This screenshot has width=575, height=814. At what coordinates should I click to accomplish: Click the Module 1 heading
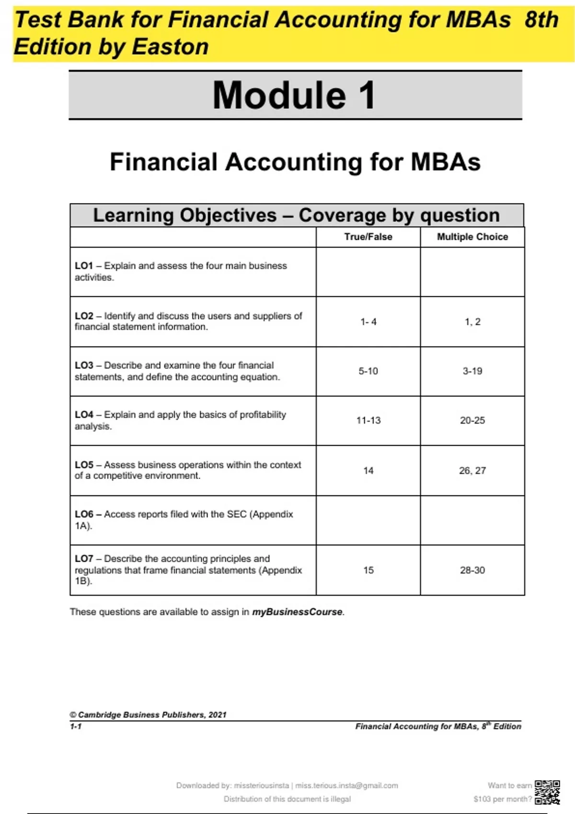point(294,95)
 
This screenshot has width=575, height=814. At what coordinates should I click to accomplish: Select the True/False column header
point(368,237)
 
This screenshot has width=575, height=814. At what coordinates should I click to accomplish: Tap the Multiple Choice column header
point(472,237)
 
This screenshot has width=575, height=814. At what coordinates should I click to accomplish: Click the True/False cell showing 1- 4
point(368,322)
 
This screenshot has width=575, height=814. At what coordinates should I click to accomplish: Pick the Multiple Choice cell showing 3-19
point(472,371)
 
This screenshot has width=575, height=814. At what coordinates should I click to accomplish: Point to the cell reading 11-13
point(368,420)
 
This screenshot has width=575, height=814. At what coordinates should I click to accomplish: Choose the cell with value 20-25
point(472,420)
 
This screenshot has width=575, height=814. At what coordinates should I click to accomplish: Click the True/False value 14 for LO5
point(368,471)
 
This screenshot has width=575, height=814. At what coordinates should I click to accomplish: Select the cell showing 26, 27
point(472,471)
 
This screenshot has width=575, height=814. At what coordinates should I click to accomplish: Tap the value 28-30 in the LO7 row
point(472,570)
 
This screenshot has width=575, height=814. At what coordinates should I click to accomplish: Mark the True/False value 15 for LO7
point(368,570)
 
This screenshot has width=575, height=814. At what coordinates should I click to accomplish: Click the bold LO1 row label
point(84,266)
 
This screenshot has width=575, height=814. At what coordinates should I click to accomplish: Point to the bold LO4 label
point(84,415)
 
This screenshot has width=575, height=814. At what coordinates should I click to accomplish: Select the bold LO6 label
point(84,514)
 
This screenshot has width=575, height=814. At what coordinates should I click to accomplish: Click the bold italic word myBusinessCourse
point(297,612)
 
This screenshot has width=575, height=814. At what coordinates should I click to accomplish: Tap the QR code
point(547,792)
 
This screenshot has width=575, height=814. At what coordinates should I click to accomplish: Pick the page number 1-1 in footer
point(76,726)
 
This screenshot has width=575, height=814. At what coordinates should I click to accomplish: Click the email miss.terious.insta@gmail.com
point(346,786)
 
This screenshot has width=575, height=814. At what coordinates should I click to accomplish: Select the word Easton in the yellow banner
point(170,47)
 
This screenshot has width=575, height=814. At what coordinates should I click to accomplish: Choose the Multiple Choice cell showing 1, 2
point(472,322)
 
